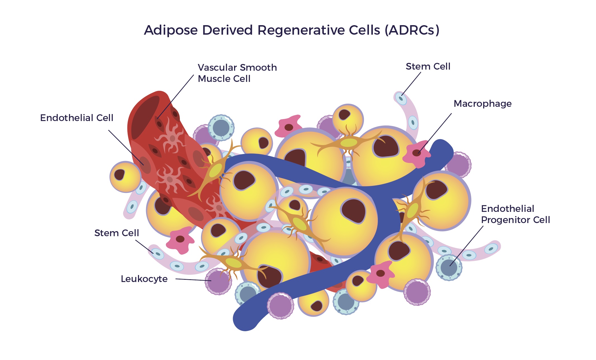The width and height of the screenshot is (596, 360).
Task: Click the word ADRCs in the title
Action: coord(412,30)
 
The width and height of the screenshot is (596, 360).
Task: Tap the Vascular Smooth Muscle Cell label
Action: coord(237,73)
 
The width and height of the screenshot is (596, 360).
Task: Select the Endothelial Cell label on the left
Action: coord(77,118)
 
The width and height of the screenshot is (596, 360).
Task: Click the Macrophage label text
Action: coord(482,104)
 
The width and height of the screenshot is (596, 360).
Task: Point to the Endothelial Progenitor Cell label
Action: coord(515,214)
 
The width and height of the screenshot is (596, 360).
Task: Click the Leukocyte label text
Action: coord(144,279)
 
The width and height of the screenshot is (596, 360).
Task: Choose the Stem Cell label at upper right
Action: coord(428,67)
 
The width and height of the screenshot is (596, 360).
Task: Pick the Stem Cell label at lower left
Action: coord(116,233)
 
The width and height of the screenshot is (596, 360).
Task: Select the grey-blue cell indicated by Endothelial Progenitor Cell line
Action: coord(449,267)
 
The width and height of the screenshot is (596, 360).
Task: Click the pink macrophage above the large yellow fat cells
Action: coord(288,127)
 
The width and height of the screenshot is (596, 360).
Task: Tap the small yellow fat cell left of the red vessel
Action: coord(125,177)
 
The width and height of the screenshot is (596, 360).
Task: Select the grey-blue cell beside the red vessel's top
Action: coord(221,127)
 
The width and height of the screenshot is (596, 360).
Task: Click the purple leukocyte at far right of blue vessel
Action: coord(458,165)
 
